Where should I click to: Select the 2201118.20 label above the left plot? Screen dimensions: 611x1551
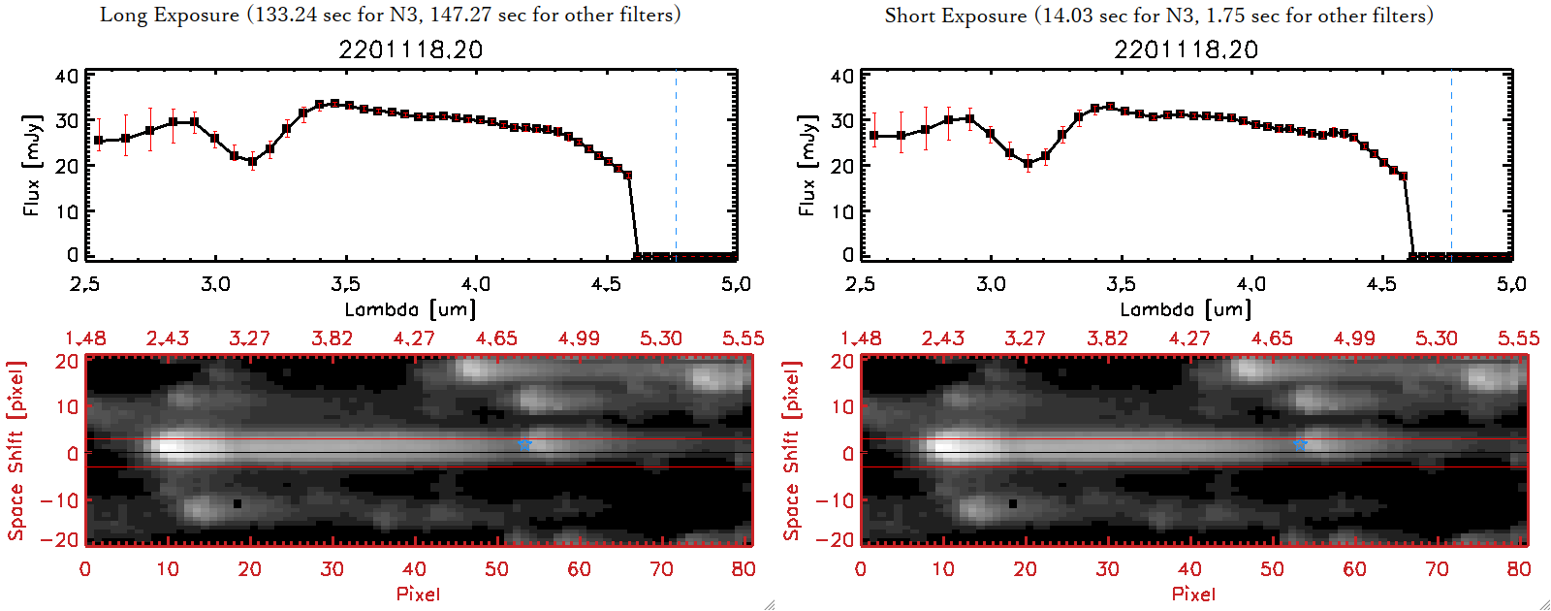pyautogui.click(x=410, y=49)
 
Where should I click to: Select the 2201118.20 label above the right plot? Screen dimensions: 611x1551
pyautogui.click(x=1186, y=49)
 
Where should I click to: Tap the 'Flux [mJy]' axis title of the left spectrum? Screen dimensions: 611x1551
pyautogui.click(x=32, y=165)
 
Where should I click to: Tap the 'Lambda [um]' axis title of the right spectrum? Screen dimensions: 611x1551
pyautogui.click(x=1186, y=309)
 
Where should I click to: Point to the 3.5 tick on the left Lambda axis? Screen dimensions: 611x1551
pyautogui.click(x=345, y=284)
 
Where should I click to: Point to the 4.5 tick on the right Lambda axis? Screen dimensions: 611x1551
pyautogui.click(x=1381, y=284)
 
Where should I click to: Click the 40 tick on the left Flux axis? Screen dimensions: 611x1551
pyautogui.click(x=67, y=77)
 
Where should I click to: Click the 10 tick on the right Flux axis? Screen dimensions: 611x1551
pyautogui.click(x=842, y=210)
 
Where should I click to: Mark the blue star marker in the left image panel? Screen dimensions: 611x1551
pyautogui.click(x=524, y=444)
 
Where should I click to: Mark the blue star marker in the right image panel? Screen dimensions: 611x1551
pyautogui.click(x=1300, y=444)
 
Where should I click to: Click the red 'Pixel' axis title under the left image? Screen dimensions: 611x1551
pyautogui.click(x=418, y=594)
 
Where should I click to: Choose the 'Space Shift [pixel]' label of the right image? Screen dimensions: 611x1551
pyautogui.click(x=792, y=451)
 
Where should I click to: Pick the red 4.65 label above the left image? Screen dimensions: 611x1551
pyautogui.click(x=496, y=338)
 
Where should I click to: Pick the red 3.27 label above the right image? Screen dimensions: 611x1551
pyautogui.click(x=1025, y=338)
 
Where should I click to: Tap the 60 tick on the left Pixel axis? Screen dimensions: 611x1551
pyautogui.click(x=579, y=569)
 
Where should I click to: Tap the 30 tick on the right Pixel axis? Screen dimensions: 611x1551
pyautogui.click(x=1107, y=569)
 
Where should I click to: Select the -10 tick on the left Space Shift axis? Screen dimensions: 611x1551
pyautogui.click(x=60, y=500)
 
